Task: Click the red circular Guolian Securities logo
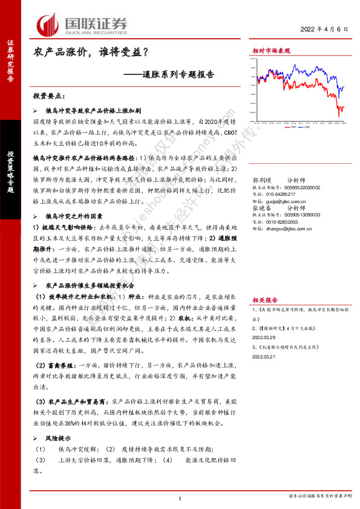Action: [x=47, y=25]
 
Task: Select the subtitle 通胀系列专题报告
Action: [x=180, y=76]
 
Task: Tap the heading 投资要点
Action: [x=51, y=96]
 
